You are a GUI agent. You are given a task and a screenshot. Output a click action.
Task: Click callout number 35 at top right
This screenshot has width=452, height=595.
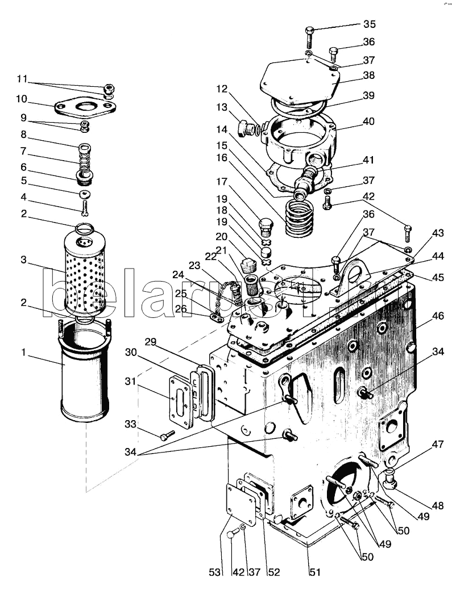[x=370, y=24]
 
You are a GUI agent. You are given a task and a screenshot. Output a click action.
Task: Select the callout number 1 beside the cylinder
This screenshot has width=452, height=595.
[x=24, y=353]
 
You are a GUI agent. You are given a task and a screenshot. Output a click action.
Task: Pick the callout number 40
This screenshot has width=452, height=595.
[x=369, y=121]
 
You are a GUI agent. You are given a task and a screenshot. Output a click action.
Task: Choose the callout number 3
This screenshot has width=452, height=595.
[x=23, y=259]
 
